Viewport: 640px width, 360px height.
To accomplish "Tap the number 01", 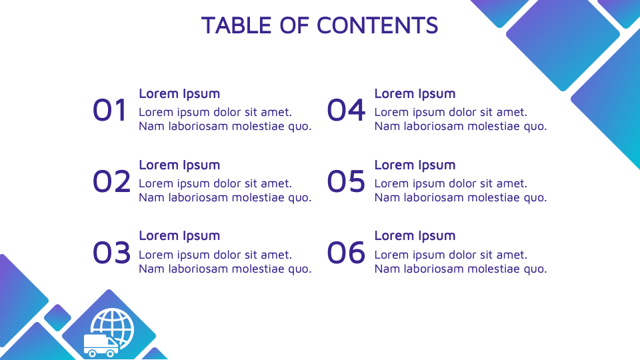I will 111,110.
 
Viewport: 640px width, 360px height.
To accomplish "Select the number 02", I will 111,181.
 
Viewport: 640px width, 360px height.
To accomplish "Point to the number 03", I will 111,253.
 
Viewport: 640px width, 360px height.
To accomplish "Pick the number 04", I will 347,110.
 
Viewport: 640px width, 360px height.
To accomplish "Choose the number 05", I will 347,181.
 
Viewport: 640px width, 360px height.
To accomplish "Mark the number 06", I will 347,253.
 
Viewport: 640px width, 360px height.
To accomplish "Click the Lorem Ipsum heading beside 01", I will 179,94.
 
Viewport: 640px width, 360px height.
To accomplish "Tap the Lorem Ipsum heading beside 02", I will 179,165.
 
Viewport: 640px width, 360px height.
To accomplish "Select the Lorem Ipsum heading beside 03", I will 179,236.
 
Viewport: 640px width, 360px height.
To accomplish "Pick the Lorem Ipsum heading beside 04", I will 415,94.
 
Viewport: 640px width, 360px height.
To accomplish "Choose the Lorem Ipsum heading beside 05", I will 415,165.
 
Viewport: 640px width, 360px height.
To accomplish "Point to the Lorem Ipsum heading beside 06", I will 415,236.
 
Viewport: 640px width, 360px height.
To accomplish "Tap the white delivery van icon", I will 100,345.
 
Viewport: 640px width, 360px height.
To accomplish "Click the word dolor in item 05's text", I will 462,184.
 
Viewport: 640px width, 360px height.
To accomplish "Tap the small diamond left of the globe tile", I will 57,317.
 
